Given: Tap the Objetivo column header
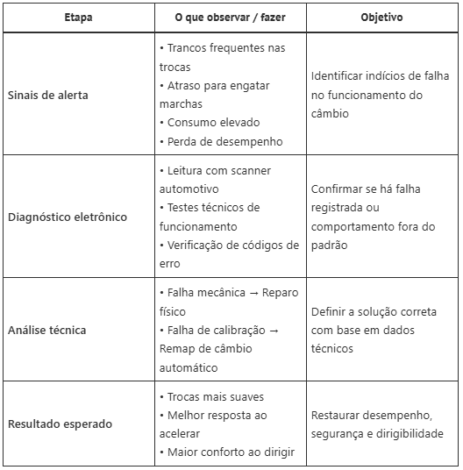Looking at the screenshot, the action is [x=381, y=18].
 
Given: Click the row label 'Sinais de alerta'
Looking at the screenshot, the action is [x=48, y=94].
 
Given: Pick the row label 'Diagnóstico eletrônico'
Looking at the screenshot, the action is [x=68, y=217].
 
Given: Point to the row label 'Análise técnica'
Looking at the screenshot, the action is [x=47, y=331].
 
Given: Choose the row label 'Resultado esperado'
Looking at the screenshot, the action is [x=60, y=424].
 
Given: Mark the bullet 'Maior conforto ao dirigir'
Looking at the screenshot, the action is [x=230, y=452].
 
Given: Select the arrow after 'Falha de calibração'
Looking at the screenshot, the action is [x=273, y=331].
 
